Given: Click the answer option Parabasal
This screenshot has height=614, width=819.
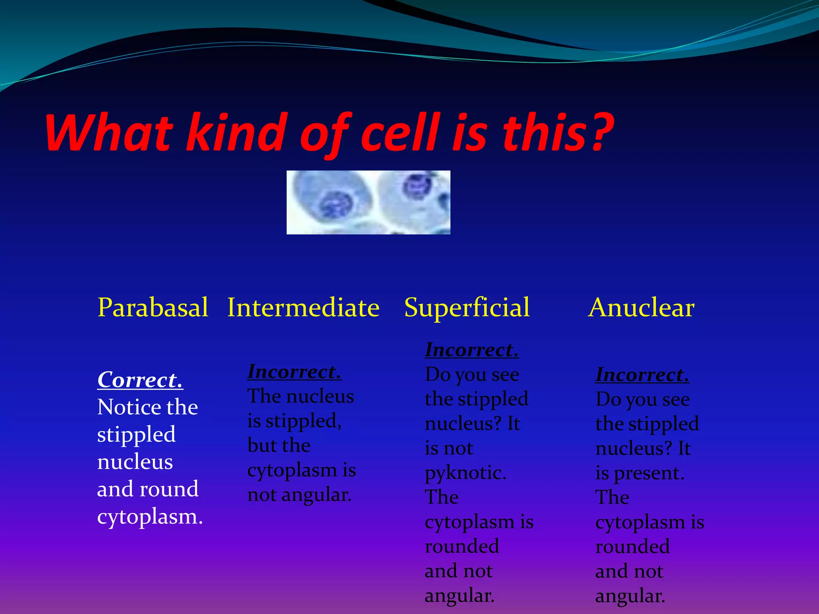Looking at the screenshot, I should tap(153, 308).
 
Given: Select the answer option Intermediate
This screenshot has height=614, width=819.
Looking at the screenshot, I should tap(303, 308).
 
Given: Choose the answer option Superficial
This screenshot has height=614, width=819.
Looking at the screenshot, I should tap(467, 308).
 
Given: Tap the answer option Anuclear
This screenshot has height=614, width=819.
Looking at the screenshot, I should tap(641, 308).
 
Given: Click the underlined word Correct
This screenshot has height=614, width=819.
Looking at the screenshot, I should tap(140, 380).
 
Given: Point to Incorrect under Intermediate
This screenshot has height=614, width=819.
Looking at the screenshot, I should tap(294, 372).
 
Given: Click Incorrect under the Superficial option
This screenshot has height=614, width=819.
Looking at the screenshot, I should tap(472, 350).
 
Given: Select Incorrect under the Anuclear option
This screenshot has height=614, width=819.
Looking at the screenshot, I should tap(642, 375).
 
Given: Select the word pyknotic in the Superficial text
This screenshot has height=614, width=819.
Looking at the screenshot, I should tap(465, 473).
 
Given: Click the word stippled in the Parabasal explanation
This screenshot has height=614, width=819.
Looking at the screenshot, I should tap(136, 435).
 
